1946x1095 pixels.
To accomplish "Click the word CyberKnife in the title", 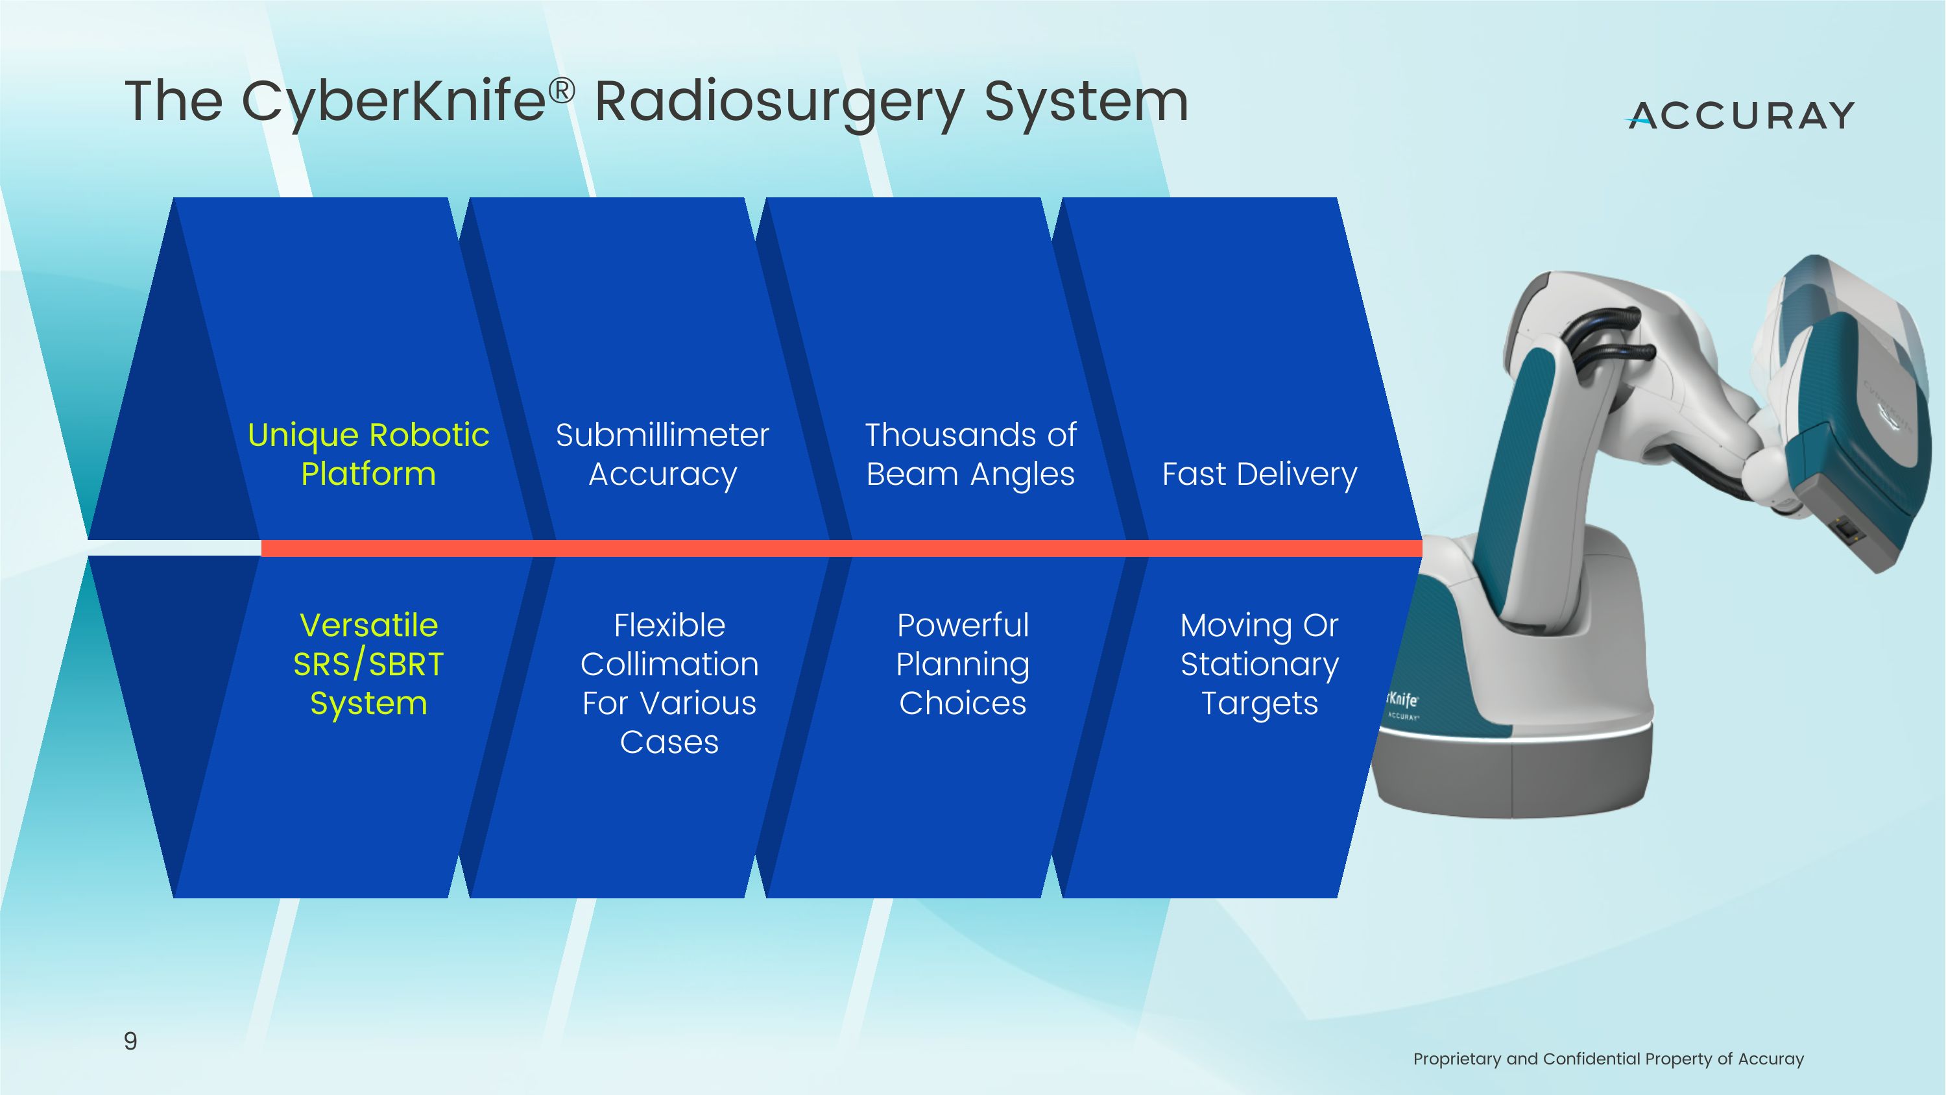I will click(393, 102).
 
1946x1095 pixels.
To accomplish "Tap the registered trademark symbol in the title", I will click(561, 91).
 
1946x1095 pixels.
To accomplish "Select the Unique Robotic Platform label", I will click(368, 454).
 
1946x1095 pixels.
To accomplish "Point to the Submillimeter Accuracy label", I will click(662, 454).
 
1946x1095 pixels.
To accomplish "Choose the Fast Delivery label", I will click(1259, 474).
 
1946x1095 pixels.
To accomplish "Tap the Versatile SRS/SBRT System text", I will click(368, 663).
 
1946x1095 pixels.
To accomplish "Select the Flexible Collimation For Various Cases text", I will click(669, 683).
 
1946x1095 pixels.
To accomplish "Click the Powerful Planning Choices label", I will click(963, 663).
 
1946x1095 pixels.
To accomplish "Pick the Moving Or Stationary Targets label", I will click(1259, 663).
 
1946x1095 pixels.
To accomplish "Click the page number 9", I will click(130, 1040).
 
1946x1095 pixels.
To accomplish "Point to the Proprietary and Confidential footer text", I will click(1607, 1059).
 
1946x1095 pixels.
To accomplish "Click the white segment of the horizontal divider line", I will click(174, 548).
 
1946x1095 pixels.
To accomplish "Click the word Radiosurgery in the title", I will click(779, 102).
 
